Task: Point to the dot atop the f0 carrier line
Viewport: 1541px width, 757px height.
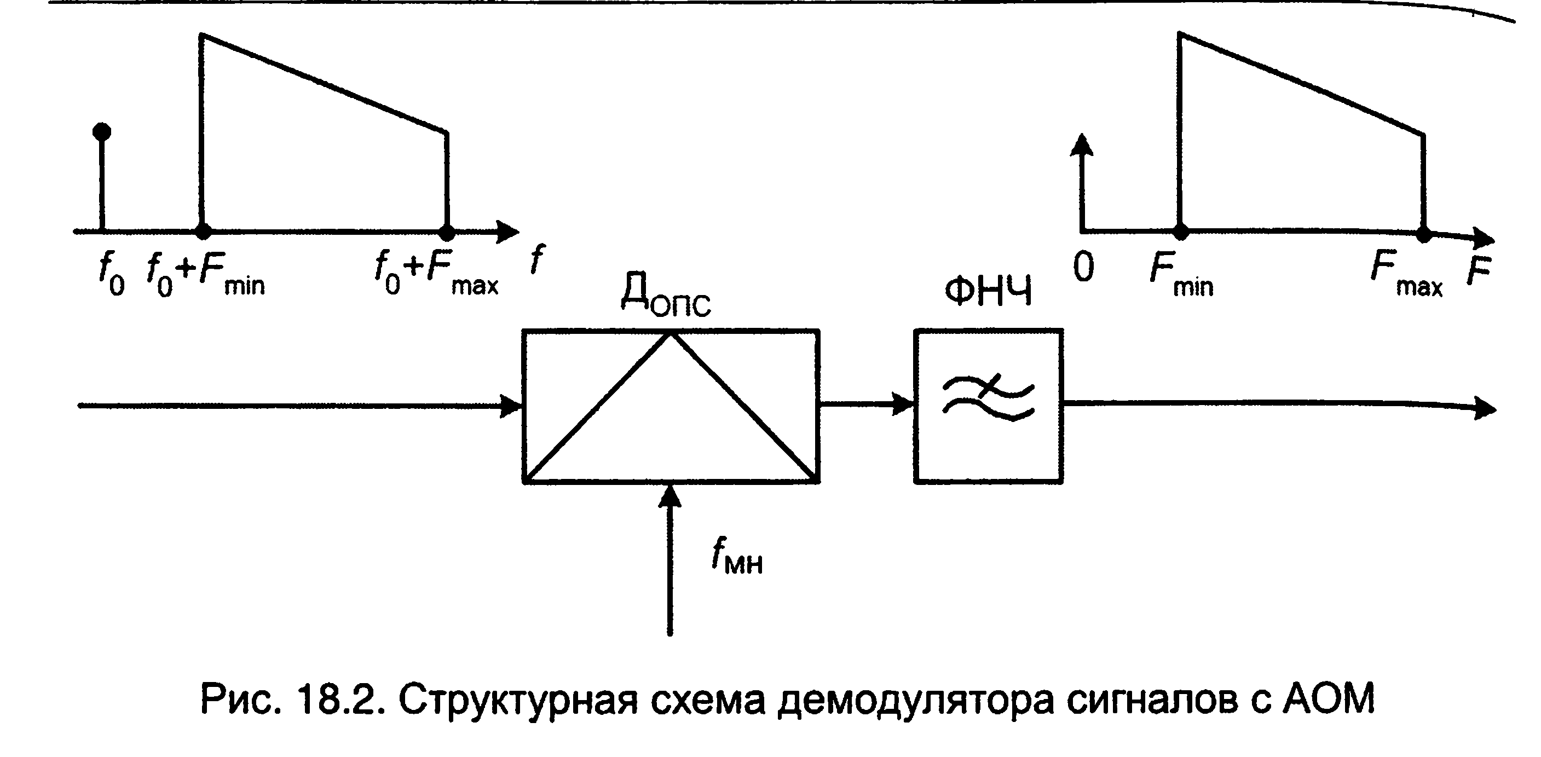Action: pos(102,131)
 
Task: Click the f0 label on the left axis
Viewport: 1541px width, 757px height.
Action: pos(111,273)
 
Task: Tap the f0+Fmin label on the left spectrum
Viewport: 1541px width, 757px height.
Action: pos(206,273)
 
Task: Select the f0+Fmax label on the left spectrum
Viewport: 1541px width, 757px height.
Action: pos(437,273)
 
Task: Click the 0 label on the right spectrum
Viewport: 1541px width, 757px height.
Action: pos(1083,267)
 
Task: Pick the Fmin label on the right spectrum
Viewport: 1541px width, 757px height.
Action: pos(1181,274)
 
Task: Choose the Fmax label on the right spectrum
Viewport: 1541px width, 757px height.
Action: pos(1406,274)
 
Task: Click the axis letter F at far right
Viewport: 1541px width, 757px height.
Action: pos(1478,270)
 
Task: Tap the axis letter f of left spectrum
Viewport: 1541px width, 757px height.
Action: pos(538,259)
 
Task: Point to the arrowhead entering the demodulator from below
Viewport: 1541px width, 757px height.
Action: pos(670,495)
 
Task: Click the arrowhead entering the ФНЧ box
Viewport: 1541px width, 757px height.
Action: pos(903,404)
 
